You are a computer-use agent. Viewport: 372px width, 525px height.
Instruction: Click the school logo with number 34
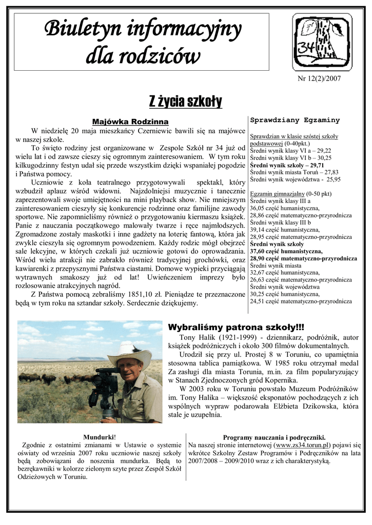click(x=322, y=42)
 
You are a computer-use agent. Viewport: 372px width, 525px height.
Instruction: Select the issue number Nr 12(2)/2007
click(x=319, y=78)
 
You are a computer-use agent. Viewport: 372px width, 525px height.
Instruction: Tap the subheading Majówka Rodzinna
click(x=130, y=122)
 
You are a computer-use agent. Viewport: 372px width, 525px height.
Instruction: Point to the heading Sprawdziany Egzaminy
click(x=295, y=120)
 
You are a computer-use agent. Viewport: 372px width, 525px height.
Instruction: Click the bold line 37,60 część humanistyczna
click(x=286, y=251)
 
